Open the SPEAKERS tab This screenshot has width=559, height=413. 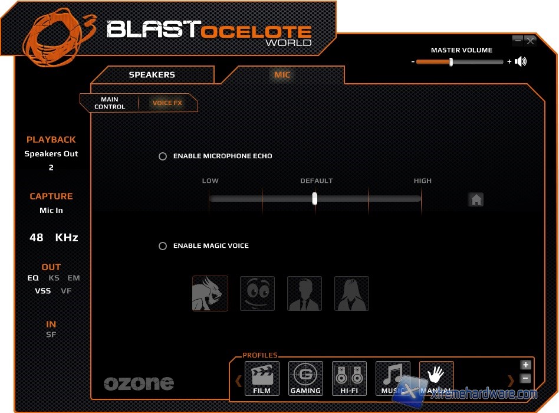[x=152, y=75]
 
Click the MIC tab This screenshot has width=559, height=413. [x=282, y=75]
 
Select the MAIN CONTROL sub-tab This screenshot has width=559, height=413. [x=110, y=103]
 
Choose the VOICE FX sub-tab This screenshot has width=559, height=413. [x=167, y=103]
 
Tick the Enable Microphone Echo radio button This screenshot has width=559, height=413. [x=163, y=156]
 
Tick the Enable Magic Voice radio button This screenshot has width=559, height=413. [x=163, y=246]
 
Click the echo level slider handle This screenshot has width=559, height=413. [x=315, y=199]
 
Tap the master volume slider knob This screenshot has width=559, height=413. [x=451, y=62]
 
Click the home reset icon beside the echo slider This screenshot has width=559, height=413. [x=476, y=199]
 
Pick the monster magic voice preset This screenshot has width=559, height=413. [x=210, y=293]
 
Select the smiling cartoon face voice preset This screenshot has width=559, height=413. [x=257, y=293]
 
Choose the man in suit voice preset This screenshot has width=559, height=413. [x=304, y=293]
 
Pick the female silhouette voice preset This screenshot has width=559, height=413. [x=351, y=293]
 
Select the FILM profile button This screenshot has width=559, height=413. [x=262, y=378]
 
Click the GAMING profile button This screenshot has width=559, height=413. [x=305, y=378]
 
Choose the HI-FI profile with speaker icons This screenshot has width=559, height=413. [x=349, y=378]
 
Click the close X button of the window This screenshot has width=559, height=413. [x=530, y=41]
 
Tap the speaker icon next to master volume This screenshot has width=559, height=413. [x=521, y=61]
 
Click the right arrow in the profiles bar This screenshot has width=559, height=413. [x=511, y=381]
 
